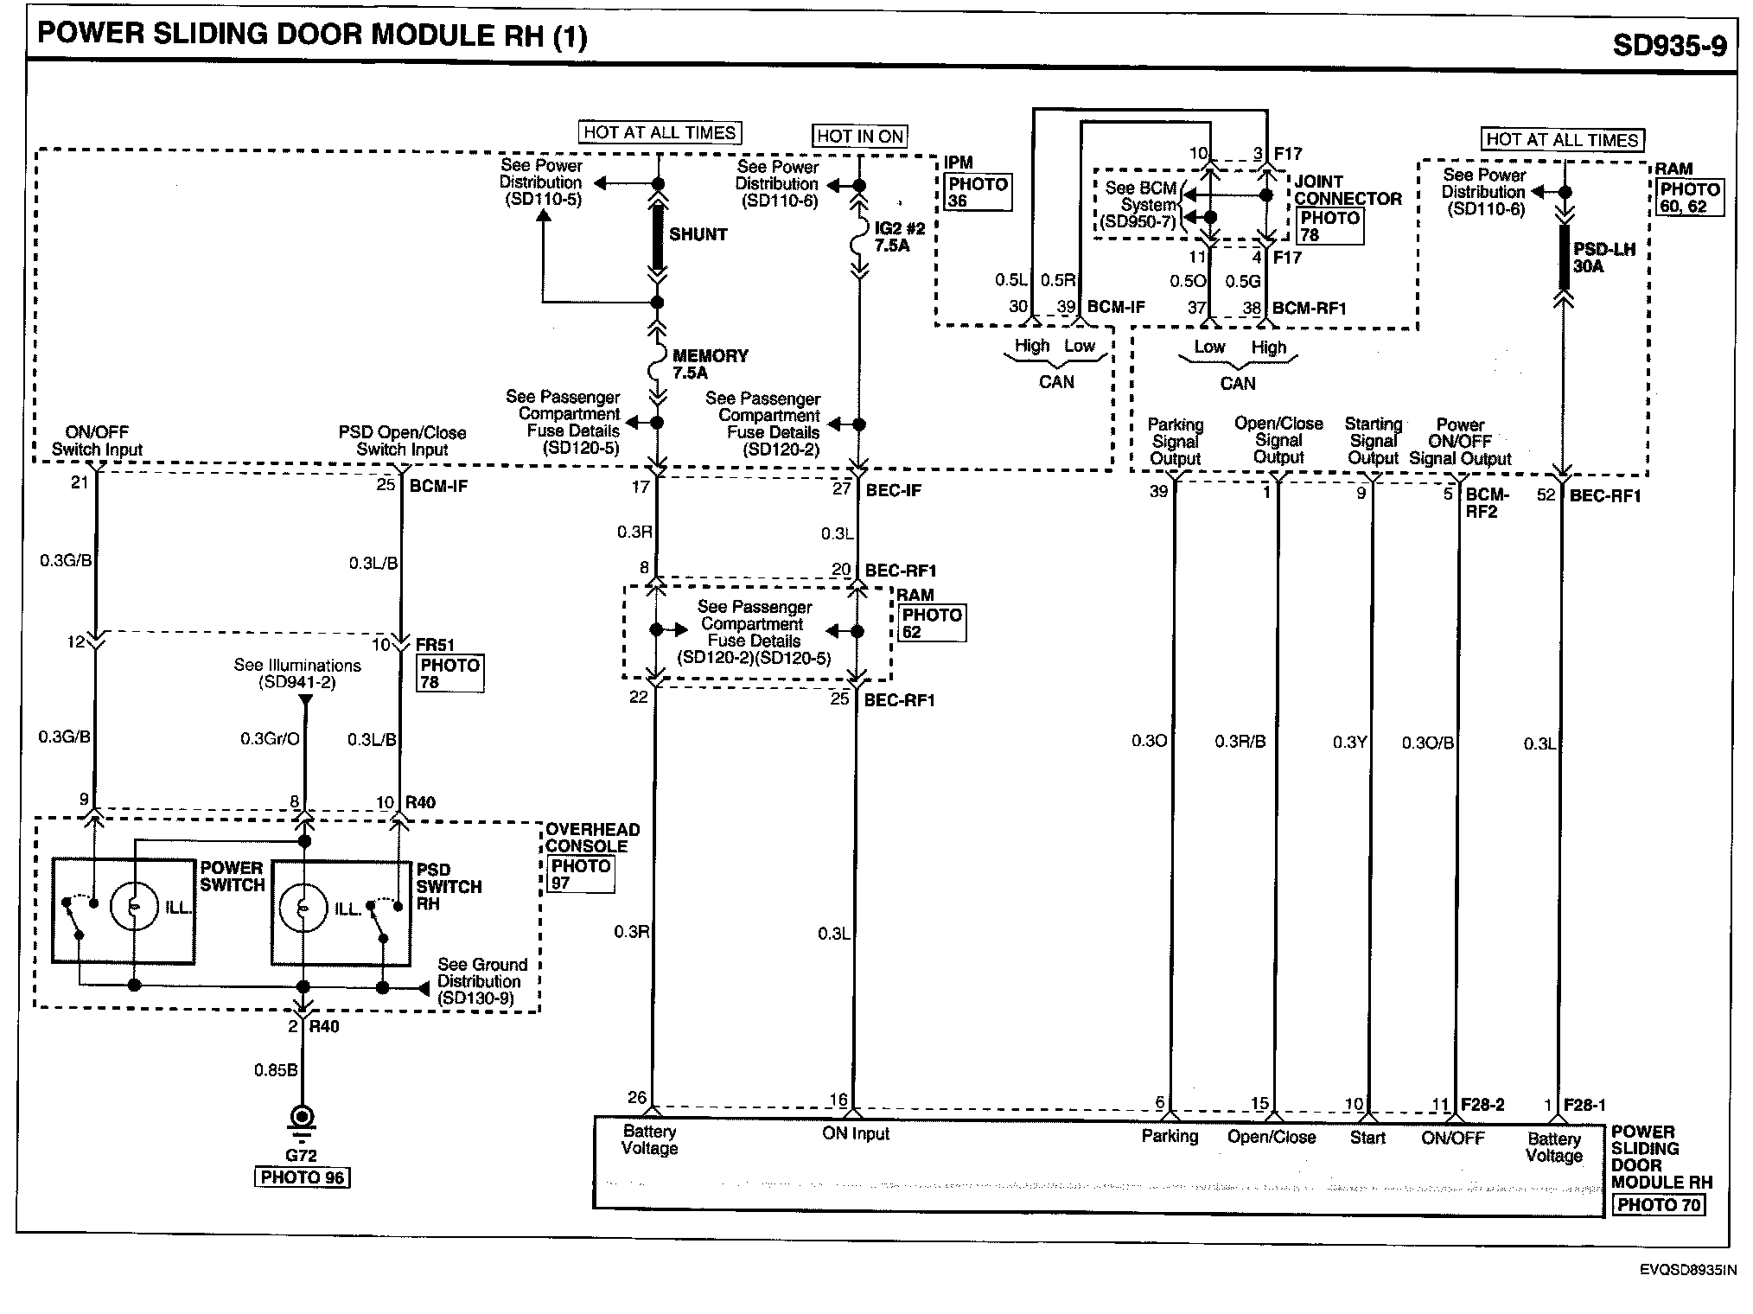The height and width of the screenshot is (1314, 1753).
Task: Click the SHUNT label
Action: [698, 234]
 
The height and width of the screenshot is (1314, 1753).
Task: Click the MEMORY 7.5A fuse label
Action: [710, 364]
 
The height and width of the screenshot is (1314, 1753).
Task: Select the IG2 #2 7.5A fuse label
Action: [899, 237]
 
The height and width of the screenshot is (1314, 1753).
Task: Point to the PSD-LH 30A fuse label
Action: [1603, 258]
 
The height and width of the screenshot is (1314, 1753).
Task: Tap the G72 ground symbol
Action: [302, 1120]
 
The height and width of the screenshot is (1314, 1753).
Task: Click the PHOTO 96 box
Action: [302, 1177]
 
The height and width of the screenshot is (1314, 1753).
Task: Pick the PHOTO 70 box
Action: [1659, 1205]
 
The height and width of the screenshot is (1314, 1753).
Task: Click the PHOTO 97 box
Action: [581, 874]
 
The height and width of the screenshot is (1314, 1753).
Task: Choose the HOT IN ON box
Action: [860, 136]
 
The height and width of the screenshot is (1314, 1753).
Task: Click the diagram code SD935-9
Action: [1669, 45]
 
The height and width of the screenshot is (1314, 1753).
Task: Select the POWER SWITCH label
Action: [232, 876]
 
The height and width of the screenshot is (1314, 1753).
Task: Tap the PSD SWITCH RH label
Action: [448, 887]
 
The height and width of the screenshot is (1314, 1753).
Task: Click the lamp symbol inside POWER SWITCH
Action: [134, 907]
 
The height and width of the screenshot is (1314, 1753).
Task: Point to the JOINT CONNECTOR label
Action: [1347, 190]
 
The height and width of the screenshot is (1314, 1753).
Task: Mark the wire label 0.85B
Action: [275, 1070]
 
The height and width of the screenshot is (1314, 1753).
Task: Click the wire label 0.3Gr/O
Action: [270, 739]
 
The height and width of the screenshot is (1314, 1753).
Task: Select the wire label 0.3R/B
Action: [1240, 742]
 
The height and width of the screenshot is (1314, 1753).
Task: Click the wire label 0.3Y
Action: [1348, 742]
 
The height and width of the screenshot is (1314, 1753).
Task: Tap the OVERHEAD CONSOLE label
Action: [592, 838]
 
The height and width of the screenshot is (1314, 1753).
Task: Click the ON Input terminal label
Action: [855, 1133]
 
